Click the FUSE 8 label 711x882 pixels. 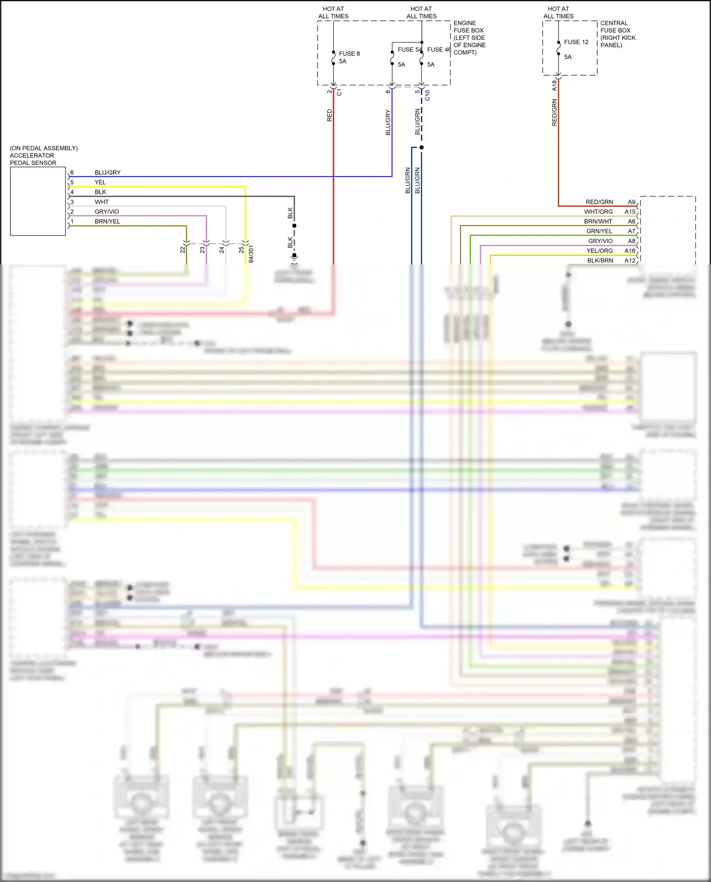tap(349, 54)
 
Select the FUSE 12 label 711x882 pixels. tap(576, 42)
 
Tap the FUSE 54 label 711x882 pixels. tap(409, 49)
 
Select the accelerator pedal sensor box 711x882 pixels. tap(38, 201)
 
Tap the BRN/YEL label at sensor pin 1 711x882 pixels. tap(107, 221)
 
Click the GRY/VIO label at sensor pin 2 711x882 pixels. tap(107, 212)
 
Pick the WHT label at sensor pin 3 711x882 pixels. tap(101, 202)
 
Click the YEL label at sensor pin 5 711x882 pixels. tap(100, 182)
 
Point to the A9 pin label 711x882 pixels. tap(631, 202)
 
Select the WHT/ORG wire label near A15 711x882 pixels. tap(598, 212)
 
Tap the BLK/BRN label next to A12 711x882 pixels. tap(600, 261)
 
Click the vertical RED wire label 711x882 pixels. tap(329, 116)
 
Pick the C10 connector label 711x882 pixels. tap(428, 95)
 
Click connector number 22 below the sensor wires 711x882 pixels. tap(182, 250)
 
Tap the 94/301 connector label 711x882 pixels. tap(251, 254)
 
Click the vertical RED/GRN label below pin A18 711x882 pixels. tap(554, 112)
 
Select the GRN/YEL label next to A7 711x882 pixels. tap(599, 231)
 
